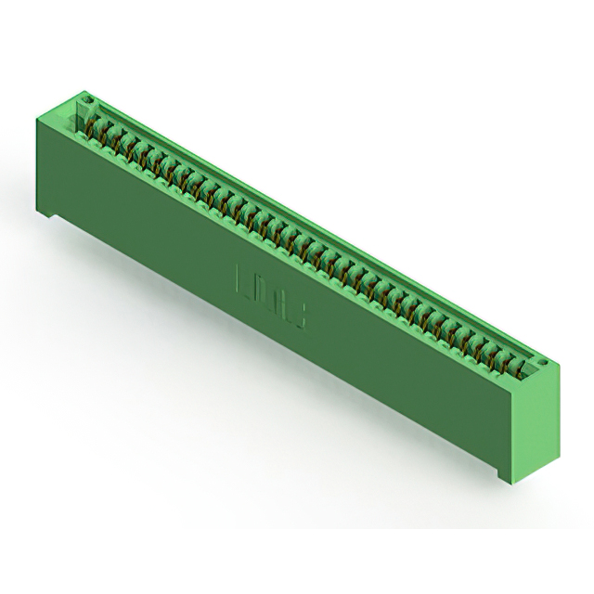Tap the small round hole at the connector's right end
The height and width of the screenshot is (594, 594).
coord(543,364)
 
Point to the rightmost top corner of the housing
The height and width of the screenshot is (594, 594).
coord(561,368)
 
